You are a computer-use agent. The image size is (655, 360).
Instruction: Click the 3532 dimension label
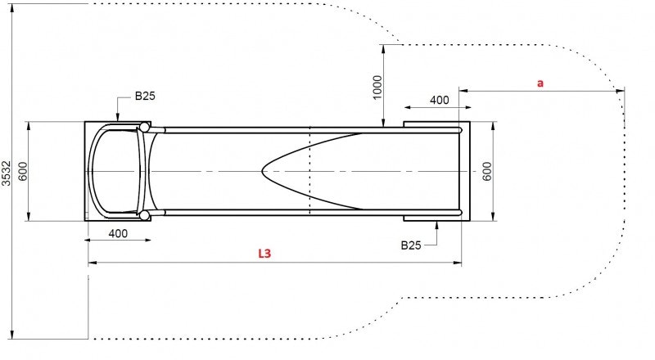[7, 173]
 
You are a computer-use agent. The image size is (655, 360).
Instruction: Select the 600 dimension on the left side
[22, 171]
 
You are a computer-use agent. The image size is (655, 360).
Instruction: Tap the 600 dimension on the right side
[486, 171]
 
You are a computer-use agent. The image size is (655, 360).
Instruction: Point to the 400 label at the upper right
[439, 100]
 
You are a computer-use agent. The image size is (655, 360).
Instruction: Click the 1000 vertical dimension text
[377, 87]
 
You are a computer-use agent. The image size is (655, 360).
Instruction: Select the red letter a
[540, 83]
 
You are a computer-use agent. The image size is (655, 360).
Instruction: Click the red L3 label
[264, 254]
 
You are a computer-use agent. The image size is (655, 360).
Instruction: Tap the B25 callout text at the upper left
[145, 96]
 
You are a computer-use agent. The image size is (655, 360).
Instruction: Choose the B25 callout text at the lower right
[411, 245]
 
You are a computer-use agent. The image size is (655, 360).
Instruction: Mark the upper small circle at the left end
[145, 127]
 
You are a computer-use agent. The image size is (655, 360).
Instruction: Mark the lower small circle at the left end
[145, 215]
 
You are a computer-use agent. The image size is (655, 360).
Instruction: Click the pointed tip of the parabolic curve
[263, 171]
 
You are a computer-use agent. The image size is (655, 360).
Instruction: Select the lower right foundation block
[434, 217]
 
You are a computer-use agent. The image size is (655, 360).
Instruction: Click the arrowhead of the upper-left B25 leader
[118, 119]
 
